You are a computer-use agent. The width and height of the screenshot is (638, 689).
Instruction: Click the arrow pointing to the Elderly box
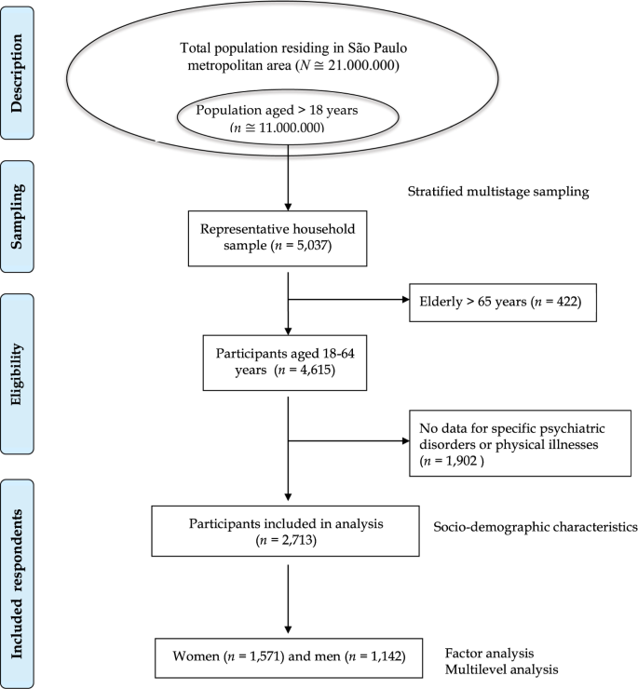[x=349, y=301]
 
